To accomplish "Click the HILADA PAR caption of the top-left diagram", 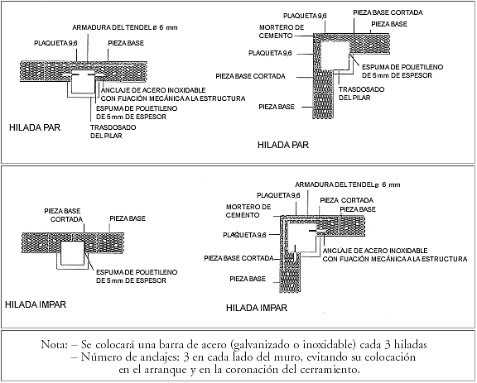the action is (35, 127).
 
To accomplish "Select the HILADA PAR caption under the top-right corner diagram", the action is (283, 145).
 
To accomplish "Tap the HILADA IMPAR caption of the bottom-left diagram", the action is (36, 304).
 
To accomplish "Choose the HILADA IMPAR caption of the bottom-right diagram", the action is (257, 308).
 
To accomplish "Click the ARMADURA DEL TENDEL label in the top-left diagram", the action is (125, 27).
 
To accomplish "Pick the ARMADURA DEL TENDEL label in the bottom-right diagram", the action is (348, 184).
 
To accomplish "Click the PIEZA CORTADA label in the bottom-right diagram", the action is (346, 200).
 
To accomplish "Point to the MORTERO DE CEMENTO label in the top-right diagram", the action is (282, 31).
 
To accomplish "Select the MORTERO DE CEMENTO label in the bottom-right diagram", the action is (248, 211).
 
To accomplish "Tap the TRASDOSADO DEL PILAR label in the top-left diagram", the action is (113, 132).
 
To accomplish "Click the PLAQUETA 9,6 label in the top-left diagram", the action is (55, 43).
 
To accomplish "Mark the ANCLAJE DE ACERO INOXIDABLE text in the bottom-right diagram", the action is (375, 251).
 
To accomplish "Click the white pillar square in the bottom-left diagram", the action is (72, 253).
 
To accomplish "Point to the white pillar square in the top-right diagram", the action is (335, 56).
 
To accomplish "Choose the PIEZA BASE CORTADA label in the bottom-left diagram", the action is (63, 215).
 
